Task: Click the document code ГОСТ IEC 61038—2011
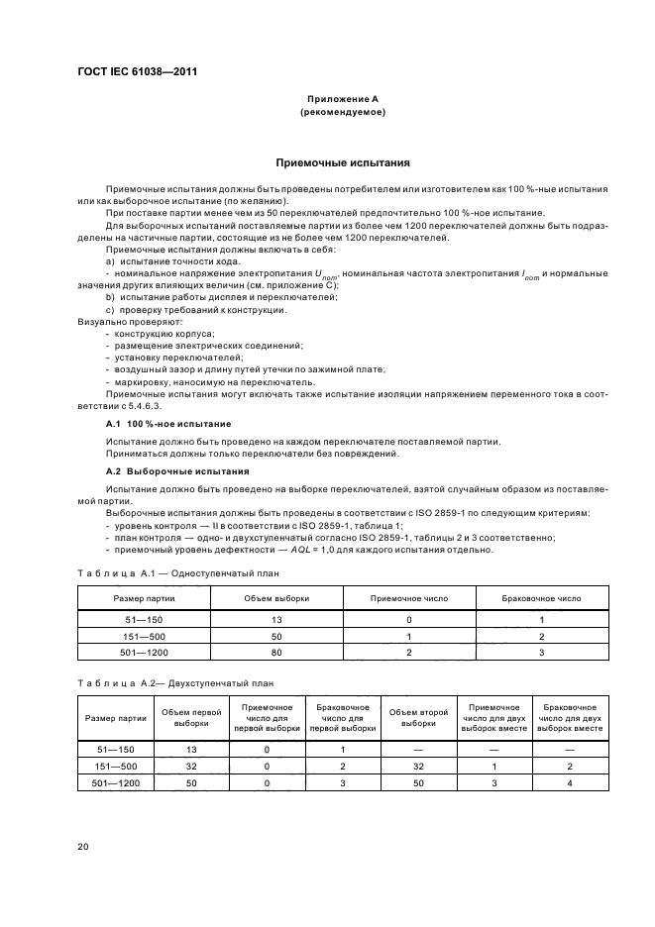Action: (136, 72)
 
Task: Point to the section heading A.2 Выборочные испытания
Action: (164, 470)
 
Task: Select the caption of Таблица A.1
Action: (176, 573)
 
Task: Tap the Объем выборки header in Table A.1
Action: (276, 598)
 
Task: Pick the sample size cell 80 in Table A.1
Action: (276, 653)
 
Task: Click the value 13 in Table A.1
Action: (276, 619)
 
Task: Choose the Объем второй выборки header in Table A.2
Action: (418, 718)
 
